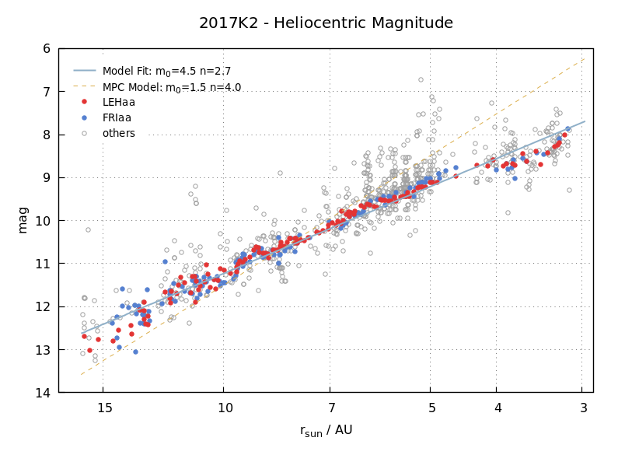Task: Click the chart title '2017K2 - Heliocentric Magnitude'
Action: (x=326, y=23)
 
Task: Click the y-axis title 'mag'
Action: (x=23, y=220)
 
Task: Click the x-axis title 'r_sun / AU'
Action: (x=326, y=430)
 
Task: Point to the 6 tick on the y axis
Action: (x=47, y=48)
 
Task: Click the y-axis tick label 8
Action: (x=47, y=135)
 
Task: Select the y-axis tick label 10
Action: (x=44, y=221)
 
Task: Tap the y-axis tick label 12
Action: (x=44, y=306)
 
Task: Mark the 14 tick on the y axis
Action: (x=44, y=393)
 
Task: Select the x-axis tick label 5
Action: (x=431, y=408)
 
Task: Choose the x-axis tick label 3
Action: (x=583, y=408)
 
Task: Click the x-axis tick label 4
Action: (x=498, y=408)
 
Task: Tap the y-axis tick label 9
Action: (x=47, y=177)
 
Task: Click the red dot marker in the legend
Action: (x=84, y=102)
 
